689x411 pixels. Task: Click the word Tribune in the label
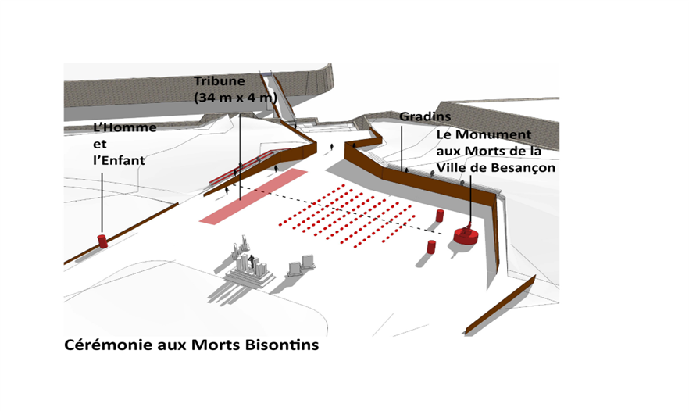(220, 81)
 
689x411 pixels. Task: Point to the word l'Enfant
(119, 160)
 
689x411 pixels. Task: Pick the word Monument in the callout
(500, 135)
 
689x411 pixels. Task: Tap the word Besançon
(523, 168)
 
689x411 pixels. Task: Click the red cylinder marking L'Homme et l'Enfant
(102, 241)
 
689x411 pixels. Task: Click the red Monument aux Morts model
(466, 234)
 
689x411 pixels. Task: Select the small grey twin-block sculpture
(301, 266)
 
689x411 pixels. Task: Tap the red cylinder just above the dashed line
(440, 215)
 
